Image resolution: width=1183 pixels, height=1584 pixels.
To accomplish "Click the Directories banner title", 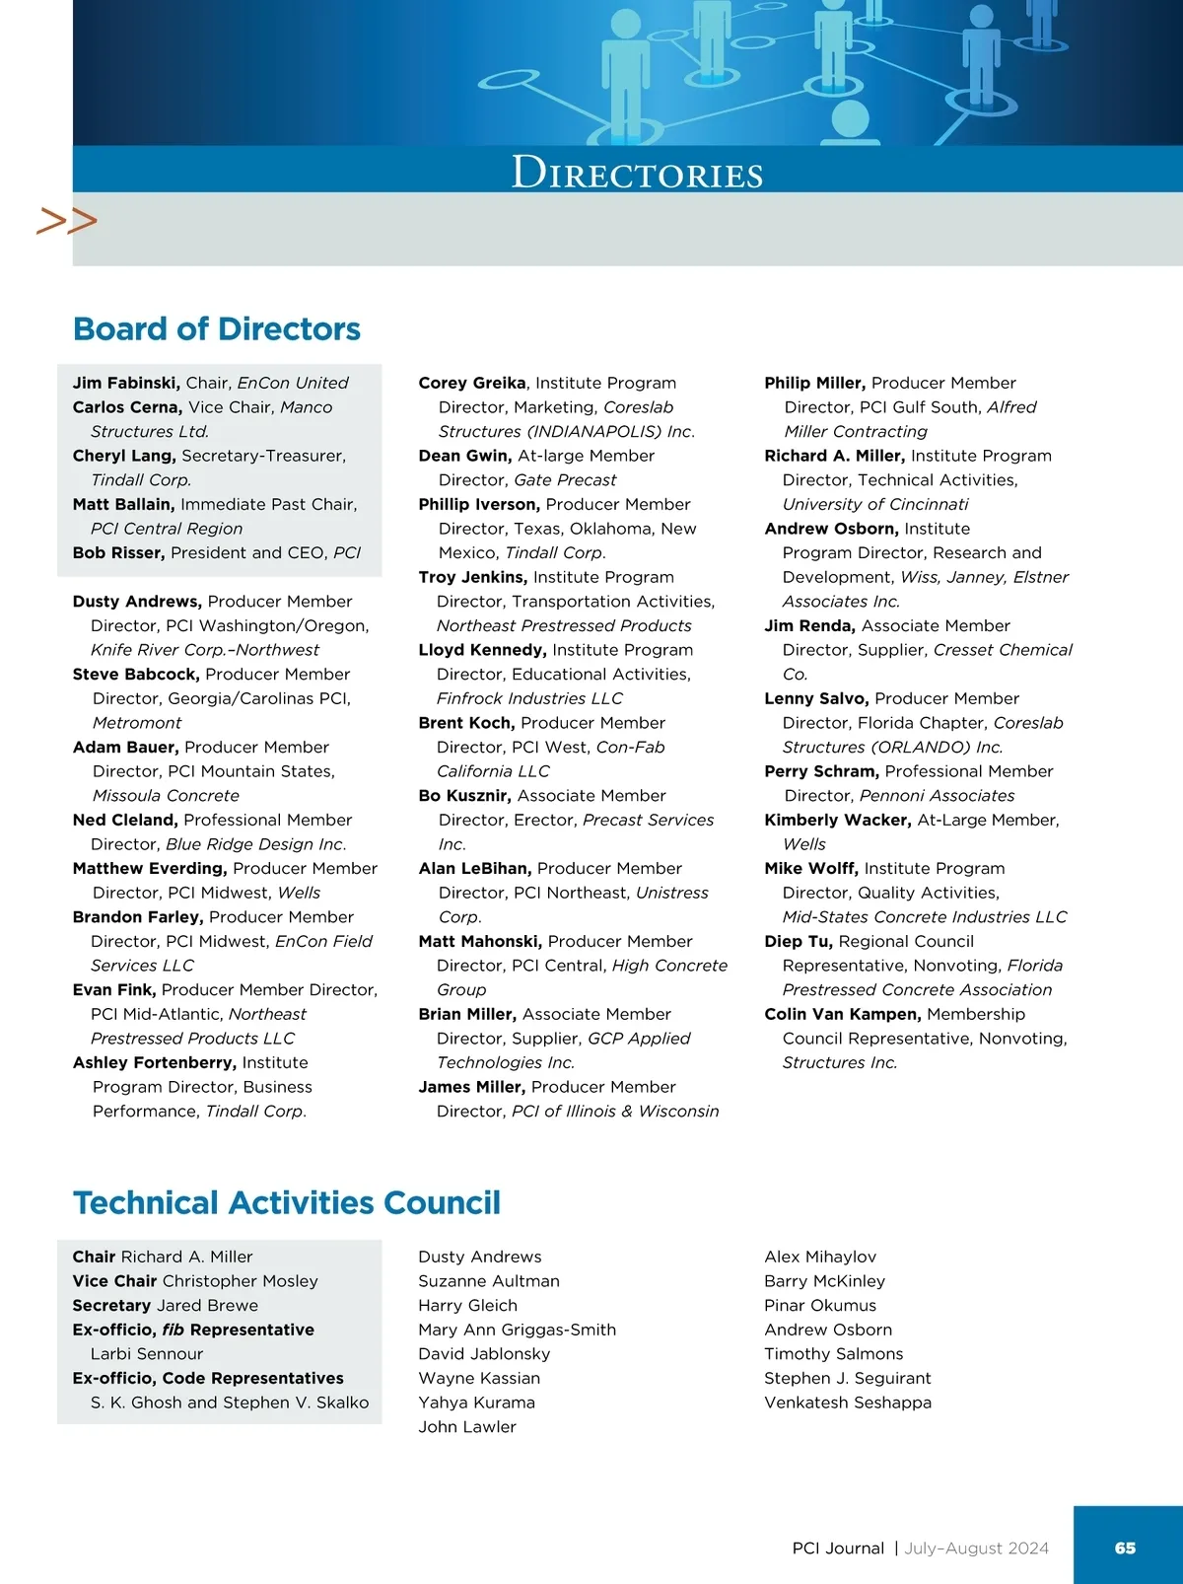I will coord(637,173).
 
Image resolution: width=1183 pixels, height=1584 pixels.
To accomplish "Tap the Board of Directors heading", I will coord(217,328).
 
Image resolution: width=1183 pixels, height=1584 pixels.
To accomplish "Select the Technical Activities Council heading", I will coord(287,1202).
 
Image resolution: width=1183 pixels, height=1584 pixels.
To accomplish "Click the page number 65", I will coord(1125,1548).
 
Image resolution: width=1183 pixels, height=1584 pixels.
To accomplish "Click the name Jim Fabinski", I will coord(125,383).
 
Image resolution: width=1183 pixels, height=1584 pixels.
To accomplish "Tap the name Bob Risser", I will coord(117,552).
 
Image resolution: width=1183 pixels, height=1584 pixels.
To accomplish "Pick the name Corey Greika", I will coord(471,383).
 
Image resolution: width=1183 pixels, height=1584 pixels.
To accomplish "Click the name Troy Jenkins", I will coord(472,577).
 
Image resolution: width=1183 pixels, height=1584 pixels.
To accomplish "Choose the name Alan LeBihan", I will coord(474,868).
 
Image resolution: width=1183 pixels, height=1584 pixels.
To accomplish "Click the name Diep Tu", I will coord(798,941).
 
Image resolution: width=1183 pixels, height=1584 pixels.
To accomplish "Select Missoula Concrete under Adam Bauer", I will coord(166,795).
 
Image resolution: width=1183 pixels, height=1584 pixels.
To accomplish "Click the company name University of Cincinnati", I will coord(875,504).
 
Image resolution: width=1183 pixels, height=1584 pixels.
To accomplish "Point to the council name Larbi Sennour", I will coord(147,1353).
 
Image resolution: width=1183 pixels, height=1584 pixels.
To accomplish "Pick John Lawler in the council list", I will coord(466,1426).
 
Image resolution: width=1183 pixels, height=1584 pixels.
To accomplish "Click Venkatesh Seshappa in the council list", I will coord(847,1402).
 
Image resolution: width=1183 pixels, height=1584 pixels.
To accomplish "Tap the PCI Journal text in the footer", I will coord(838,1548).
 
